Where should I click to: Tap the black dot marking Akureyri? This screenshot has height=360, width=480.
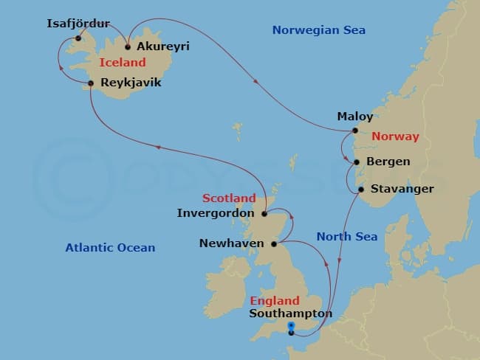coord(128,46)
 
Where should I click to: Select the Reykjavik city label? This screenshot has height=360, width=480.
coord(131,83)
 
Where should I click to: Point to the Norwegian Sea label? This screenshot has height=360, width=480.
coord(318,30)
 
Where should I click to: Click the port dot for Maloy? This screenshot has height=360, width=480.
coord(355,131)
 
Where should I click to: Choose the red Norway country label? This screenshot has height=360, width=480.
coord(395,136)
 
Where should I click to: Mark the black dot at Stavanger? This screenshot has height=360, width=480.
coord(360,190)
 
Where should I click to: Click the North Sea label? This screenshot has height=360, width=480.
coord(347,237)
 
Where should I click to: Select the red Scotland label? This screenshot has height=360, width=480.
coord(229,198)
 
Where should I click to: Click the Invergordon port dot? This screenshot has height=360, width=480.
coord(264,214)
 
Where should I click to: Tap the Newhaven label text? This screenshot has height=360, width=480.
coord(233,243)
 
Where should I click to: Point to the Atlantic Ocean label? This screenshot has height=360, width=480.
coord(110,248)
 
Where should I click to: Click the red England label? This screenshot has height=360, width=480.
coord(275,301)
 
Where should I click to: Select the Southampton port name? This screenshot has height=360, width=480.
coord(290,314)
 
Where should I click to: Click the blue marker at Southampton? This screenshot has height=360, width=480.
coord(291,325)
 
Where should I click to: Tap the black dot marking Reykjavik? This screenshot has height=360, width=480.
coord(91,83)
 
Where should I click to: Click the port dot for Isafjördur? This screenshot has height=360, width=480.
coord(78,38)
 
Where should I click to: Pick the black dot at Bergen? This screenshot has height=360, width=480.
coord(356,162)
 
